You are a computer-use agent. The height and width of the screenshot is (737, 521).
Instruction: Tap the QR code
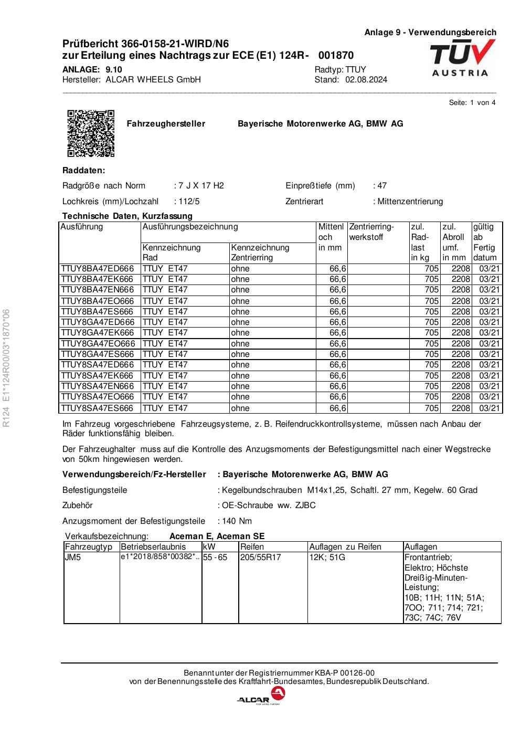coord(91,133)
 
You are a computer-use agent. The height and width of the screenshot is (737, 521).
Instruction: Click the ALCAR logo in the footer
coord(261,697)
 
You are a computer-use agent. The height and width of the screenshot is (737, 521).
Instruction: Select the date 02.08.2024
coord(366,80)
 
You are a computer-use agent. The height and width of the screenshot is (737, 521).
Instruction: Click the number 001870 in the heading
coord(336,56)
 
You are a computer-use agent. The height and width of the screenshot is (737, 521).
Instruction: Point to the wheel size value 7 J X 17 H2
coord(200,186)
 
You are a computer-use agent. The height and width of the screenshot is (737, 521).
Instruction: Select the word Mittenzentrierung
coord(409,202)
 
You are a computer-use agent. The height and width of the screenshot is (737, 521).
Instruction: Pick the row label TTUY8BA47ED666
coord(97,269)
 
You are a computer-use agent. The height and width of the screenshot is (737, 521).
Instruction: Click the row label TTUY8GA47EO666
coord(98,344)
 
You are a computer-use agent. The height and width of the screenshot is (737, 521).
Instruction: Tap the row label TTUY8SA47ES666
coord(97,408)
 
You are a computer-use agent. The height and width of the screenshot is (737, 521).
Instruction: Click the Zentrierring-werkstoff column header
coord(371,232)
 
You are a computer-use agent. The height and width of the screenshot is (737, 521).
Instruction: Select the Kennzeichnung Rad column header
coord(171,252)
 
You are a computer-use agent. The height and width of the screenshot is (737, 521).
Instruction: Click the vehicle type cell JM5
coord(73,557)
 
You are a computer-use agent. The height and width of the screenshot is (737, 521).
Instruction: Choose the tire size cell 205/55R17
coord(261,557)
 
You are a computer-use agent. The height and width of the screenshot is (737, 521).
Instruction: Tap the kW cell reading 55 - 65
coord(216,557)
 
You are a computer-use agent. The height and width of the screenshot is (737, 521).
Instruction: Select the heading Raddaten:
coord(83,171)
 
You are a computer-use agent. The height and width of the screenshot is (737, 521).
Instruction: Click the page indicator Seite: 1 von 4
coord(472,102)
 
